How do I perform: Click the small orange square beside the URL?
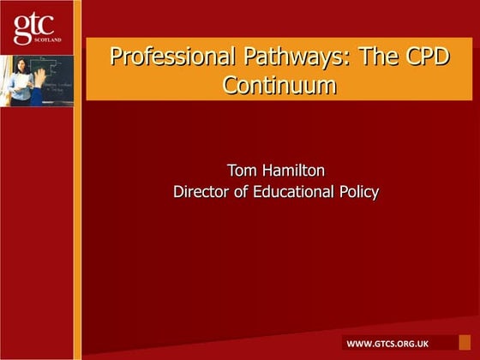[x=465, y=342]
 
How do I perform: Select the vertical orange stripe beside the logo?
[x=77, y=180]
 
